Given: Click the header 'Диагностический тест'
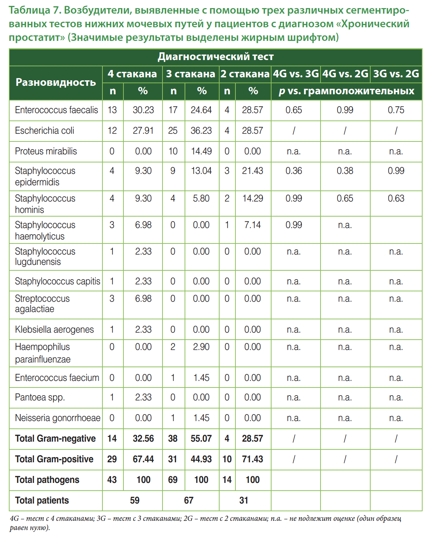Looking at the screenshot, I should tap(216, 57).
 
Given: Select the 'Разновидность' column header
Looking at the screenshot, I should tap(56, 82).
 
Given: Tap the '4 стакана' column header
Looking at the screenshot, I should tap(132, 74).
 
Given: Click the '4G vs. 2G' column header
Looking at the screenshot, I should tap(345, 74).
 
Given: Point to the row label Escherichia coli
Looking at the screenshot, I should tap(45, 131).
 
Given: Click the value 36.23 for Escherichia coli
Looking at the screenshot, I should tap(201, 131).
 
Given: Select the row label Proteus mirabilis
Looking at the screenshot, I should tap(46, 151).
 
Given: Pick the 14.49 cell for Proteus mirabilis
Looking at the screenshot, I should tap(201, 151).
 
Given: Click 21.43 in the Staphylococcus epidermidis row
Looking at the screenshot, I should tap(252, 171).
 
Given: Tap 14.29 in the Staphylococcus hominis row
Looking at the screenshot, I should tap(252, 199).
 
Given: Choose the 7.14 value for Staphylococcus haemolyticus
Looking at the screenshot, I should tap(252, 225).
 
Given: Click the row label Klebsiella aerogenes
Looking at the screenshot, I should tap(55, 330).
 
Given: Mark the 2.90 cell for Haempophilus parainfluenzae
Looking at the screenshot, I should tap(201, 347).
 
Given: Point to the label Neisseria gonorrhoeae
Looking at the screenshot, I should tap(57, 418).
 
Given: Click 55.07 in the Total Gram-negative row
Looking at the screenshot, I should tap(201, 439).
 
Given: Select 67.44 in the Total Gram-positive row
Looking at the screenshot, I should tap(143, 459).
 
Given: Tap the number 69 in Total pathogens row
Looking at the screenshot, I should tap(173, 480).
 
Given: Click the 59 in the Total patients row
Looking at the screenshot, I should tap(135, 501).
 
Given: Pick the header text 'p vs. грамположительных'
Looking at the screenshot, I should tap(346, 91).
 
